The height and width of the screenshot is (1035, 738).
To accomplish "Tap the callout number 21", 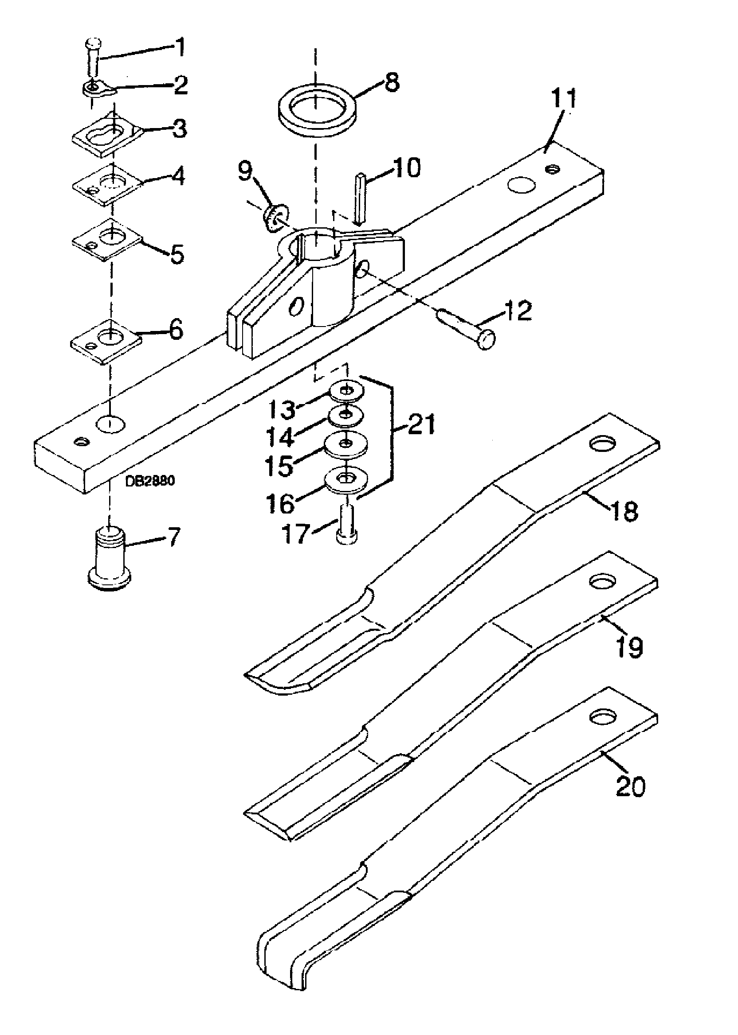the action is [x=421, y=424].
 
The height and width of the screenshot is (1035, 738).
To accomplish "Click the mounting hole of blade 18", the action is [x=603, y=443].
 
